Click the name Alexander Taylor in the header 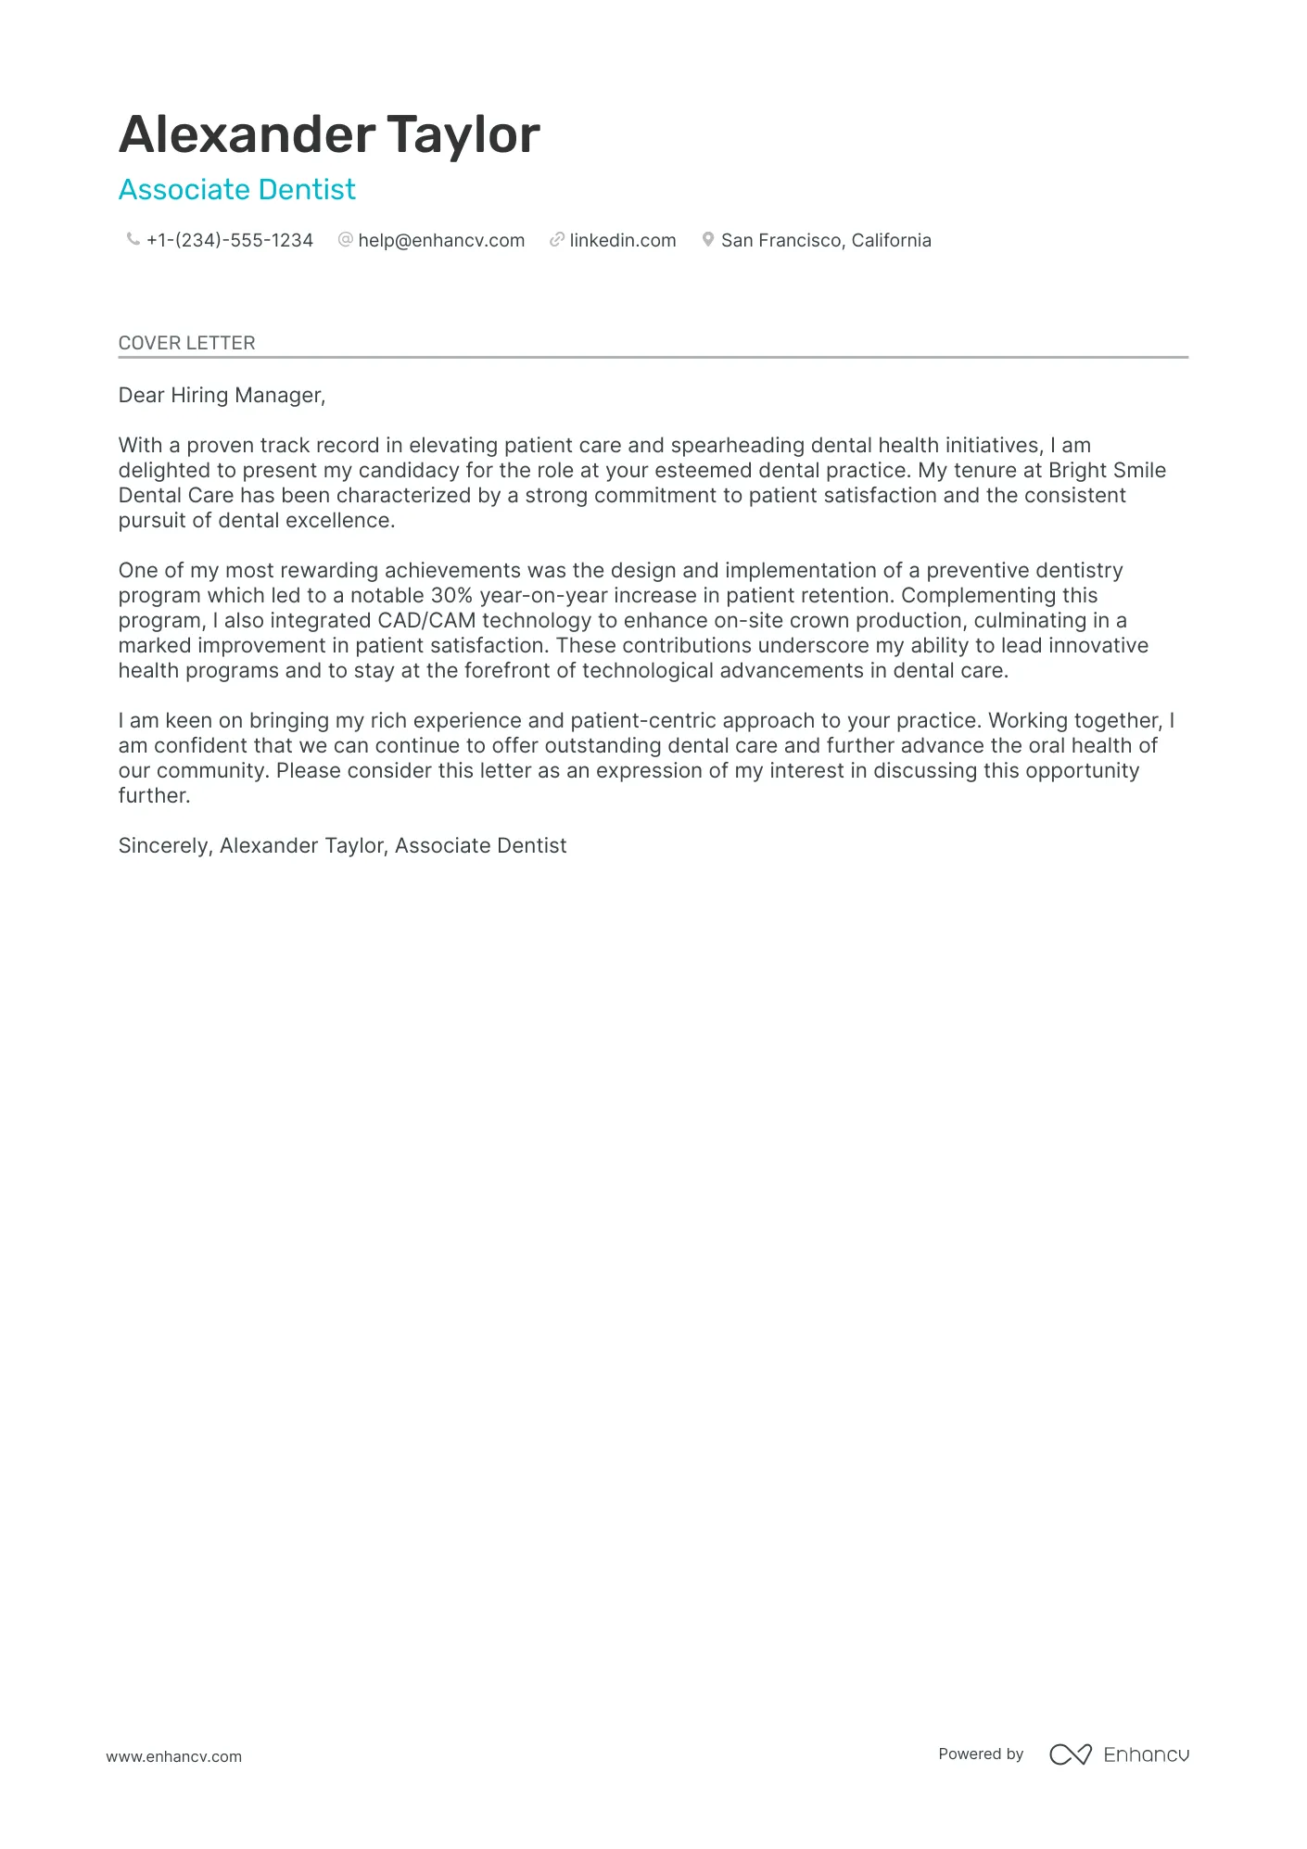[329, 134]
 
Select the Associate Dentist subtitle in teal [236, 190]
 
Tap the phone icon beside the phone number [133, 240]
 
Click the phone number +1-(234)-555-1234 [230, 241]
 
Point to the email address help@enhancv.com [441, 241]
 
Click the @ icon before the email [346, 240]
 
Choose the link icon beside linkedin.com [557, 240]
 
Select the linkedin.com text [623, 241]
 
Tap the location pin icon [708, 240]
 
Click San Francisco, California [826, 241]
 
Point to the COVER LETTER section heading [187, 343]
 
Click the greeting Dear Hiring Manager [222, 396]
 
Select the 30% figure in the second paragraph [451, 596]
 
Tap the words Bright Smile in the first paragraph [1107, 471]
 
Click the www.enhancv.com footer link [174, 1757]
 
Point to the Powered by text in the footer [981, 1754]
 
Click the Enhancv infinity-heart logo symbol [1071, 1754]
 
